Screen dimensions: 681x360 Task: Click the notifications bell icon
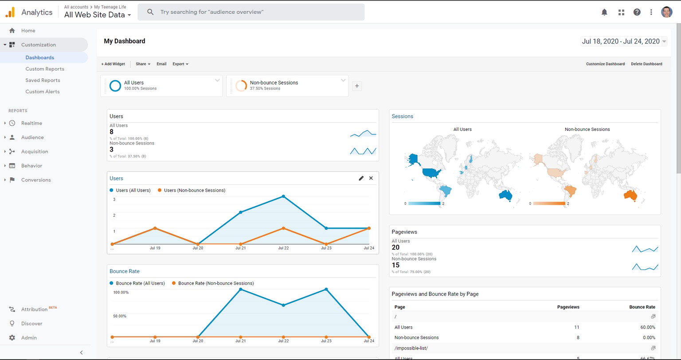click(x=604, y=12)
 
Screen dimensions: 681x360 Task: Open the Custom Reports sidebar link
click(x=45, y=69)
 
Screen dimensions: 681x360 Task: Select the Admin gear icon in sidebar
click(x=12, y=337)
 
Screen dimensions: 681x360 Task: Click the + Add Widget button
click(x=113, y=64)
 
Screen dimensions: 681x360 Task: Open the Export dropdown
click(x=180, y=64)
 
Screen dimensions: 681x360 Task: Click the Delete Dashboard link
click(x=646, y=64)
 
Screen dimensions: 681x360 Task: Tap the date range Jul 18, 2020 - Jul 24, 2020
click(x=621, y=41)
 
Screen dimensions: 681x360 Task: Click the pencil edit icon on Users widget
click(x=361, y=178)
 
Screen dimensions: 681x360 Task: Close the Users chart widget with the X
click(x=371, y=178)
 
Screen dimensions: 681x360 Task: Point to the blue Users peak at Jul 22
click(x=283, y=196)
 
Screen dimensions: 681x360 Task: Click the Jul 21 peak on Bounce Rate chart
click(x=240, y=290)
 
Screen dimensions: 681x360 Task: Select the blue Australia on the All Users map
click(x=505, y=195)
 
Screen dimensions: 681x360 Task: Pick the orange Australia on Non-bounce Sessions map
click(x=630, y=195)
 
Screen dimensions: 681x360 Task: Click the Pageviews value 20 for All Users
click(x=395, y=247)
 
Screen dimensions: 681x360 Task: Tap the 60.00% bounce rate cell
click(x=648, y=327)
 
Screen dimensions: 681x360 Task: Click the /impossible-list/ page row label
click(x=411, y=348)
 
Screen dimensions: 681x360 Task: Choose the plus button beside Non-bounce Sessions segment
click(x=357, y=86)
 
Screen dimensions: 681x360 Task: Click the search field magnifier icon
click(x=150, y=12)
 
